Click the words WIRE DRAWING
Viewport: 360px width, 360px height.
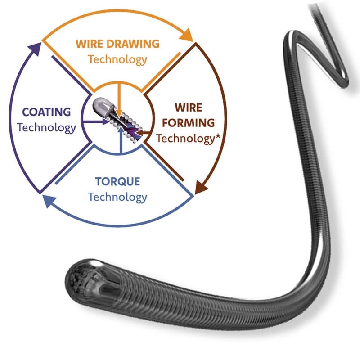(117, 44)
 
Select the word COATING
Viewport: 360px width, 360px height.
(47, 112)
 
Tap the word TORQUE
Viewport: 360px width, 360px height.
(117, 182)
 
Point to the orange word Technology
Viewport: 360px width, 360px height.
(117, 59)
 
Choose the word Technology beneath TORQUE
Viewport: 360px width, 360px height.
(117, 197)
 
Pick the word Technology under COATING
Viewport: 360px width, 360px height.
(47, 127)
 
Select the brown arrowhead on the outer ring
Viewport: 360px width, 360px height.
(201, 186)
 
